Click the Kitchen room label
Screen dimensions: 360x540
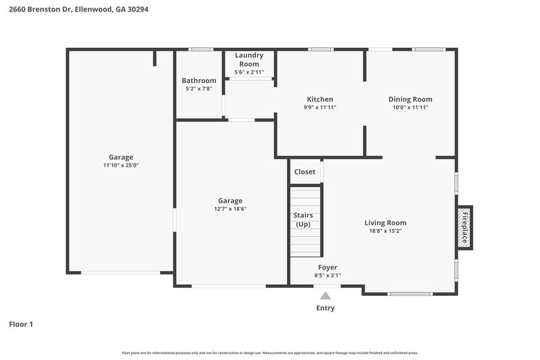pos(320,99)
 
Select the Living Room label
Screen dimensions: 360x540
pos(385,223)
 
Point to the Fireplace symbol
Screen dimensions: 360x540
pos(464,227)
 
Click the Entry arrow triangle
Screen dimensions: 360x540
pos(325,295)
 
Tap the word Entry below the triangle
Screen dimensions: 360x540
pos(325,308)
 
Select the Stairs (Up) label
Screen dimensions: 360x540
pos(304,220)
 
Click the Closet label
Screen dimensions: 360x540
pos(304,172)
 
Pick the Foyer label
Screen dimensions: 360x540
pos(327,267)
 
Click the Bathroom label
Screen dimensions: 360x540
pos(198,80)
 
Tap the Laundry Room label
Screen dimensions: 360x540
pos(249,59)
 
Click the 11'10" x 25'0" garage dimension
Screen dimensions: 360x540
pos(121,165)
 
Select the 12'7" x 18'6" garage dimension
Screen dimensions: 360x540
pos(230,209)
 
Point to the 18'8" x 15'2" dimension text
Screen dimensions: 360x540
pos(385,231)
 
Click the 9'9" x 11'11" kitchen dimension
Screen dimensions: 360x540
pos(320,107)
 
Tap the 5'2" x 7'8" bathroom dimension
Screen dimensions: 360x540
pos(198,88)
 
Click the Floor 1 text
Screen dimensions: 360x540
pos(21,324)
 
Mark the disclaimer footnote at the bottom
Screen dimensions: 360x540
pos(269,353)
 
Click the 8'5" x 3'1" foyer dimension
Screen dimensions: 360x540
pos(327,276)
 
